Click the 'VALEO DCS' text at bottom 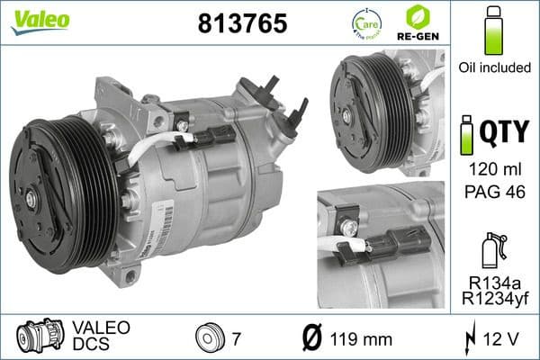(101, 335)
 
